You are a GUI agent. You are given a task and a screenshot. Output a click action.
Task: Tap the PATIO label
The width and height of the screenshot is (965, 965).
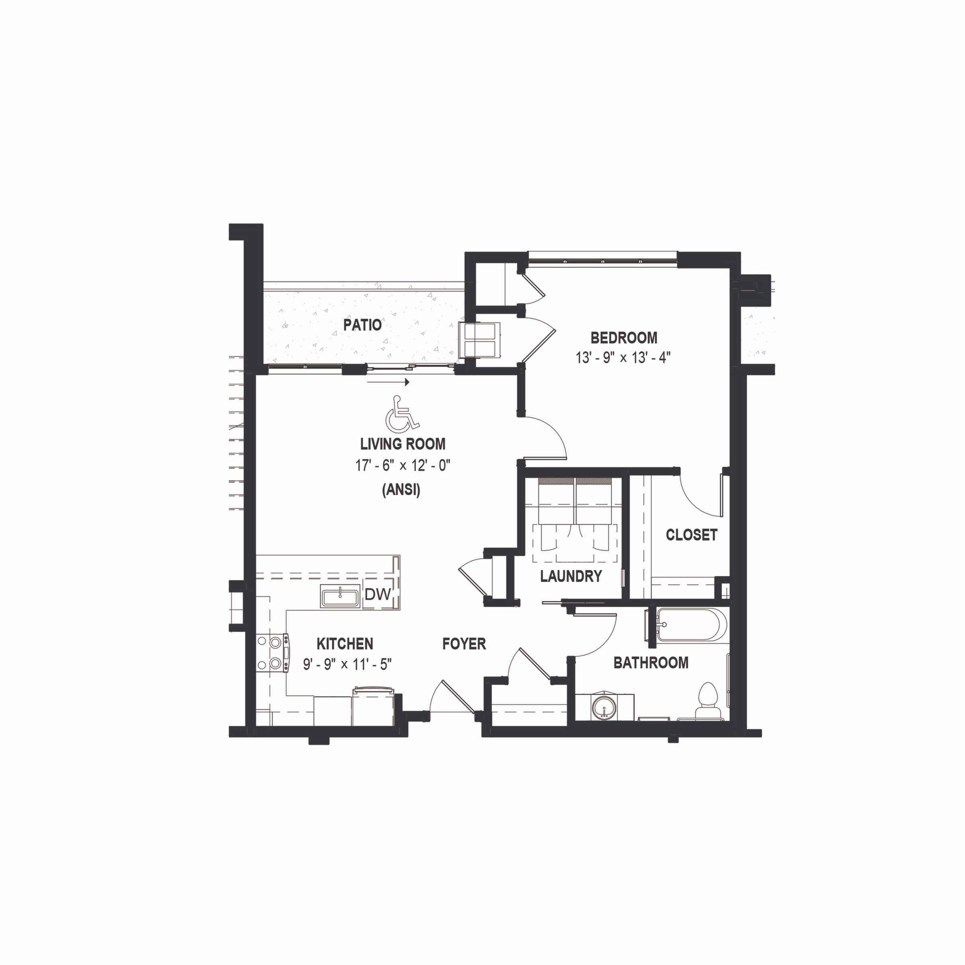click(x=362, y=325)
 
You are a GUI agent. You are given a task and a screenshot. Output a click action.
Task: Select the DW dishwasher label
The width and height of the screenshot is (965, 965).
click(x=377, y=594)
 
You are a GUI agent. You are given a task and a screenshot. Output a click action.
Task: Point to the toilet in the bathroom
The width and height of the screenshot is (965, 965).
click(x=707, y=698)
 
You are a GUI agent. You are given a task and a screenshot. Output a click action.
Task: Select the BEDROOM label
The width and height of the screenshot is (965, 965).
click(x=624, y=338)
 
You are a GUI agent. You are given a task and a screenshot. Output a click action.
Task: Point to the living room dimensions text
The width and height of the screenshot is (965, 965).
click(x=403, y=466)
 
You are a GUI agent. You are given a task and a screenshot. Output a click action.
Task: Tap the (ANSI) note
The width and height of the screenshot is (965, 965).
click(x=401, y=491)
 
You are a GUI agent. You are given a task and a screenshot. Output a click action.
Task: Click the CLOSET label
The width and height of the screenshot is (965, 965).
click(x=691, y=535)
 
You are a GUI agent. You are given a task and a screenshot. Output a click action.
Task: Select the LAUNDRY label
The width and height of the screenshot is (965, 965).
click(x=571, y=577)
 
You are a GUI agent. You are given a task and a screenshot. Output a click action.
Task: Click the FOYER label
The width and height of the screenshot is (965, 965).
click(x=464, y=644)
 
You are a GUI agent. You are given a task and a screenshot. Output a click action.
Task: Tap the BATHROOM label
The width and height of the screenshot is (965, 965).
click(x=651, y=663)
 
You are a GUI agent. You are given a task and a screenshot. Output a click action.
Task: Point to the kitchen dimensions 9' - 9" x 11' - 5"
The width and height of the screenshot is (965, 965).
click(x=347, y=665)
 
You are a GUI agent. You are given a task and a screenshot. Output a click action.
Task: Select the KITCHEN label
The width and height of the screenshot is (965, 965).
click(x=345, y=644)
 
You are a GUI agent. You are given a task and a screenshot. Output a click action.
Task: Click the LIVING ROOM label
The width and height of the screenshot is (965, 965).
click(x=402, y=443)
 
